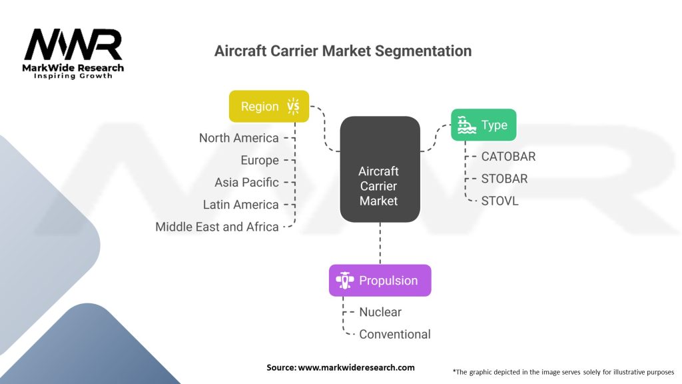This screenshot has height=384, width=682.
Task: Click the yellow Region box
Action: tap(269, 106)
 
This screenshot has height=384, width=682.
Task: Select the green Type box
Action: tap(484, 125)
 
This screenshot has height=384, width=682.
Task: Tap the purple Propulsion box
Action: tap(380, 281)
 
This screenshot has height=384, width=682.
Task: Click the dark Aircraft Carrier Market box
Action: tap(380, 169)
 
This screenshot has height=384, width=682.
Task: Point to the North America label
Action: tap(239, 138)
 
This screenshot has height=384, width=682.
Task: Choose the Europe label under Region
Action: tap(260, 161)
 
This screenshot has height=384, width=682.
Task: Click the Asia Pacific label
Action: tap(246, 183)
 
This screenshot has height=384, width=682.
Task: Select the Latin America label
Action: tap(241, 205)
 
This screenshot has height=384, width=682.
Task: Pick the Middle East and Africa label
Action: tap(217, 227)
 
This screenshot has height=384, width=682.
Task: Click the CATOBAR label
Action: tap(508, 157)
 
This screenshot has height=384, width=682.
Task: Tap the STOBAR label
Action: tap(505, 179)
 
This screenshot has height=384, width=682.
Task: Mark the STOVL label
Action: tap(500, 201)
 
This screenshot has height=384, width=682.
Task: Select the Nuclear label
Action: tap(380, 312)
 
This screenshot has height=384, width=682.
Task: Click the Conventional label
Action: tap(395, 335)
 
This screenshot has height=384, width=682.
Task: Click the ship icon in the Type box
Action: tap(467, 125)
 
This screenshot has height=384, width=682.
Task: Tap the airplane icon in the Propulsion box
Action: tap(345, 281)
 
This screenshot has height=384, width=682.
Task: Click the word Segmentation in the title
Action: tap(423, 51)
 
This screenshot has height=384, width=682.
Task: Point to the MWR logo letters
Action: tap(73, 44)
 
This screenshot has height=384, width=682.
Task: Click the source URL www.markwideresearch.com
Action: tap(356, 367)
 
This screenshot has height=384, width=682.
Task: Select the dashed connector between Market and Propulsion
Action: tap(380, 243)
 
